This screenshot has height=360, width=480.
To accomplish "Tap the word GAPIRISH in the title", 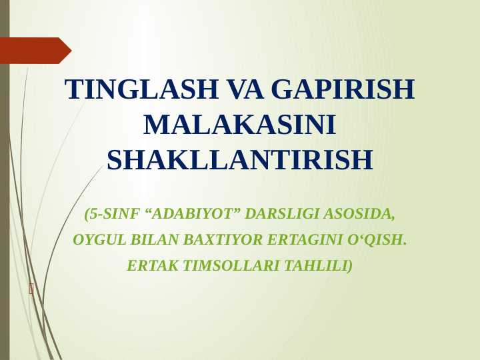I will click(343, 90).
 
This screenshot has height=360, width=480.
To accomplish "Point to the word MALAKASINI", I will click(239, 125).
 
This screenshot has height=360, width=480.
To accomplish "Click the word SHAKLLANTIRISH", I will click(239, 161).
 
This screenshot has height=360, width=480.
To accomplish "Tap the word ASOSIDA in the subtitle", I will click(359, 214).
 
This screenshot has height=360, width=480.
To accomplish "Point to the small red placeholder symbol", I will click(31, 289).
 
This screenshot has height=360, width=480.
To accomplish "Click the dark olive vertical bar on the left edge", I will click(5, 200).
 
